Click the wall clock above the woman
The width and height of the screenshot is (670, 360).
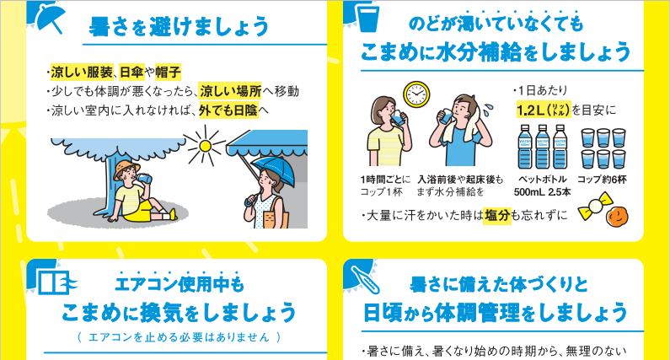[416, 94]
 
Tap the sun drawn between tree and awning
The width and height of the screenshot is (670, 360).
[205, 146]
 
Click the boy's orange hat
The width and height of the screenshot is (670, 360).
[126, 169]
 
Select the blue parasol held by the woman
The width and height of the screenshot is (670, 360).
[272, 171]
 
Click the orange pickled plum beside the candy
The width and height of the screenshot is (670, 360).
[618, 217]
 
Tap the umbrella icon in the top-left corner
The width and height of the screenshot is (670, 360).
[51, 19]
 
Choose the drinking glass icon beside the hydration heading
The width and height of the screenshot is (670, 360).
[369, 19]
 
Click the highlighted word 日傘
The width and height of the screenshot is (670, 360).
[131, 72]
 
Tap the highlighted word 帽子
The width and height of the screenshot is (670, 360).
[168, 72]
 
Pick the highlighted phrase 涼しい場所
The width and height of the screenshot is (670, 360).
[230, 91]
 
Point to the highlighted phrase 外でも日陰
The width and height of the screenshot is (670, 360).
[228, 110]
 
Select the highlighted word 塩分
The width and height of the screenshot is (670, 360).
[497, 215]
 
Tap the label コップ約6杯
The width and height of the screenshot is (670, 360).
[602, 180]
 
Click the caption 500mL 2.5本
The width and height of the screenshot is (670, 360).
[542, 192]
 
